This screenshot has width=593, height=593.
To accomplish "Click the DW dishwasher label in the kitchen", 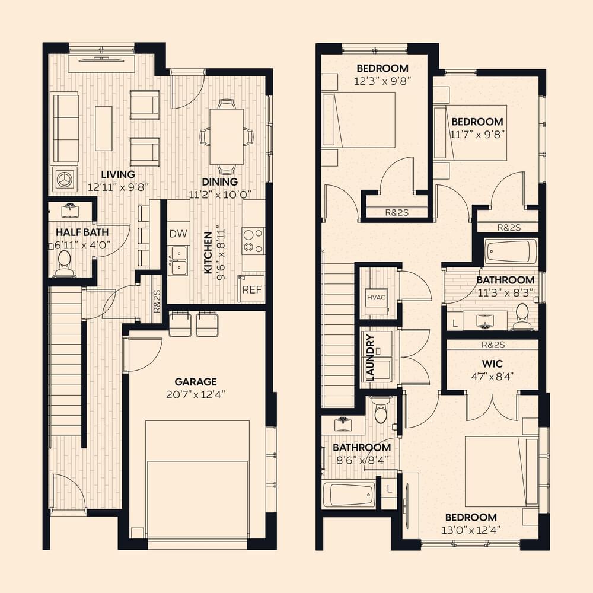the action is coord(178,234).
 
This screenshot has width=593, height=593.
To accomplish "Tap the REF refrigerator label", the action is coord(252,290).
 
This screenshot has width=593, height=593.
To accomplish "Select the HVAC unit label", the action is coord(377,297).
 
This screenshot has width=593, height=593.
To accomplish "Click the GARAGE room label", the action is coord(196,381).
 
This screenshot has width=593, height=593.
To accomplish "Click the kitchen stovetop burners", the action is coord(253,241).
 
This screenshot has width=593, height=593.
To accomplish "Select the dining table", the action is coord(227,136).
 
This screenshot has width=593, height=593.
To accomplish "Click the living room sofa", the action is coord(65,128).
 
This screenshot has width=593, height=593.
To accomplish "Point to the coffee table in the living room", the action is coord(104,128).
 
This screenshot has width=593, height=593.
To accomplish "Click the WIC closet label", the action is coord(492,364).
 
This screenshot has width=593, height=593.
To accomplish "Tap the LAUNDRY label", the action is coord(370,358).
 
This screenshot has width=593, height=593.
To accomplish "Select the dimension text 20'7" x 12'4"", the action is coord(196,395).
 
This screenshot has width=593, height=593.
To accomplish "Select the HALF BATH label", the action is coord(82,232).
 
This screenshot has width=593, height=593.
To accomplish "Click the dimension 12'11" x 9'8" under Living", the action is coord(118,187).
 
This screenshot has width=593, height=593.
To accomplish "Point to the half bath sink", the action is coord(69,211).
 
